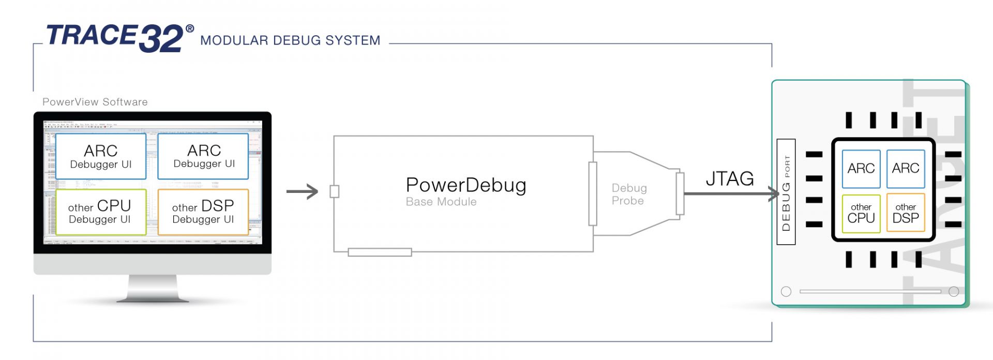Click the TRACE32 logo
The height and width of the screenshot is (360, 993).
coord(114,37)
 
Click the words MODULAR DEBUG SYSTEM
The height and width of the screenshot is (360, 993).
coord(290,40)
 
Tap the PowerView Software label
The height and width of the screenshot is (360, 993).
coord(95,102)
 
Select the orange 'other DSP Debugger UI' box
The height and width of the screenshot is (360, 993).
coord(203,212)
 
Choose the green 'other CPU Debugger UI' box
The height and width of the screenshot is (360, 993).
coord(100,212)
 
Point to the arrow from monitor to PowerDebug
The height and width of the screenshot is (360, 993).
coord(303,191)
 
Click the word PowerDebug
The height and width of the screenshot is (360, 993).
coord(466,185)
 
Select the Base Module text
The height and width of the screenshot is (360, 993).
coord(441,202)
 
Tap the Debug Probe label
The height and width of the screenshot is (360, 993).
coord(629,194)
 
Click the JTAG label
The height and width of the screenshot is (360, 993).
coord(730,178)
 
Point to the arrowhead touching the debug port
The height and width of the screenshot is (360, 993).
coord(775,194)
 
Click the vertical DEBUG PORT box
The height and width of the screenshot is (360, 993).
coord(786,192)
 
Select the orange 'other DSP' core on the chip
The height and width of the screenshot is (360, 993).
coord(906,213)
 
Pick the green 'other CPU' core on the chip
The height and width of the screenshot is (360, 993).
coord(861,213)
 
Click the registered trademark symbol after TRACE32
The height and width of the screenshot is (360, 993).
coord(190,29)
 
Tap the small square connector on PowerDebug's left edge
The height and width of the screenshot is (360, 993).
coord(335,191)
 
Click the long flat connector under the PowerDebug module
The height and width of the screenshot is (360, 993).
coord(380,252)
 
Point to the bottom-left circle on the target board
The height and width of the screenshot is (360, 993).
coord(786,291)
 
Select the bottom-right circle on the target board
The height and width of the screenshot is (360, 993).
coord(954,291)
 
